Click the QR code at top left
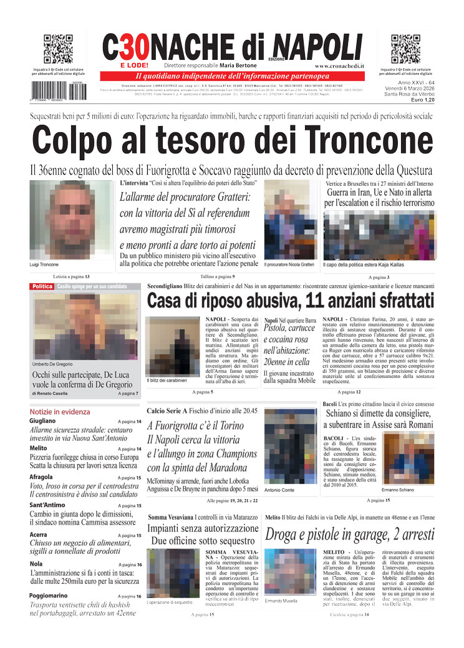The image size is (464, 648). tap(58, 49)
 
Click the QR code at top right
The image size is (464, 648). tap(405, 49)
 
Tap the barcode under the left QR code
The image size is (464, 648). tap(58, 91)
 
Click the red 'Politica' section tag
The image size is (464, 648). tap(42, 286)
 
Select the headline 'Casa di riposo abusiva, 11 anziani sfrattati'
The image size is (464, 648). tap(290, 301)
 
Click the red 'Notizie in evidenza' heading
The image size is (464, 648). tap(59, 412)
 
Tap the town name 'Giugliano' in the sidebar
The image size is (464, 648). tap(42, 421)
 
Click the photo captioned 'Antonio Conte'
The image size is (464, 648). tap(289, 445)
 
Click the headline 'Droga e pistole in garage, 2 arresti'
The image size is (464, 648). tap(350, 534)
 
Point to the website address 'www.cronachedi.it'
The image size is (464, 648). tap(339, 65)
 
